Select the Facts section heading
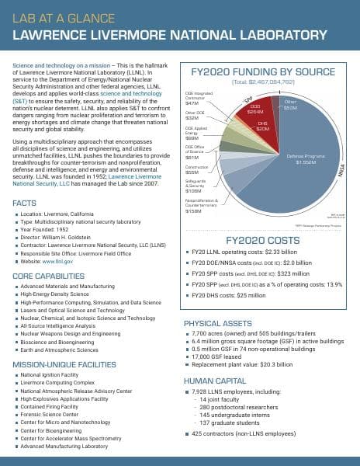click(x=25, y=203)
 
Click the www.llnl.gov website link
click(x=58, y=262)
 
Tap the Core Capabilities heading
click(x=48, y=276)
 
